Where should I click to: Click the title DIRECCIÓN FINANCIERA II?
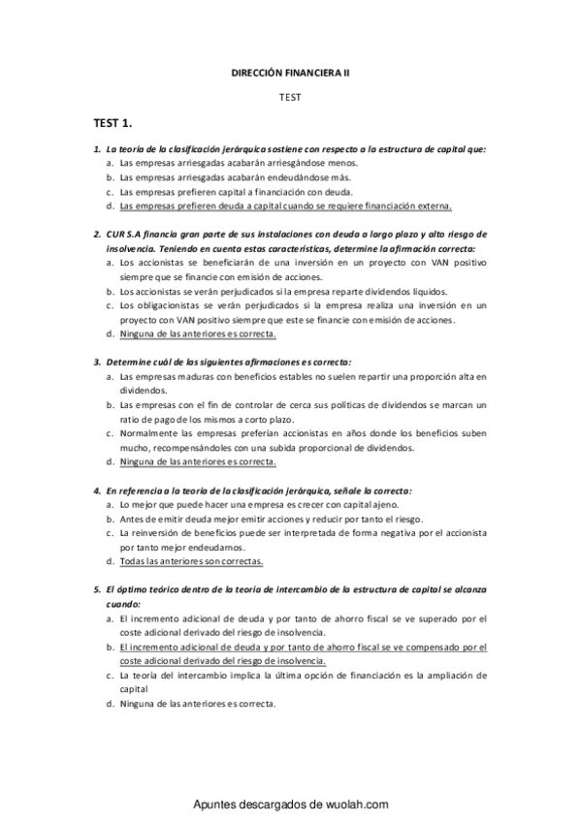290,73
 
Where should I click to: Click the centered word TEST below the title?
290,98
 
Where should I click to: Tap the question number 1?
97,149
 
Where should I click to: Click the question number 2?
97,235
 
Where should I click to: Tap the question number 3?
97,362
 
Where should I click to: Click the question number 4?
97,490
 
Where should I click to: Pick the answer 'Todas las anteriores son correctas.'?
192,560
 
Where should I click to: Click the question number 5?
97,589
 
